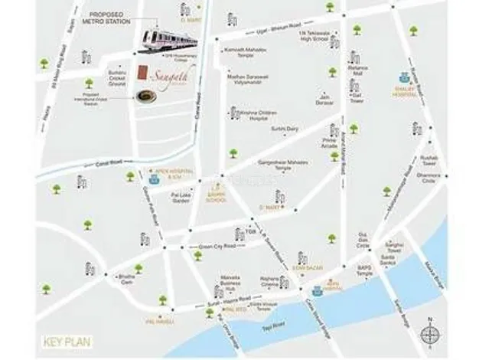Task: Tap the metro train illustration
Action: (x=165, y=39)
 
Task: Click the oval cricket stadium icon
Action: (x=143, y=95)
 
